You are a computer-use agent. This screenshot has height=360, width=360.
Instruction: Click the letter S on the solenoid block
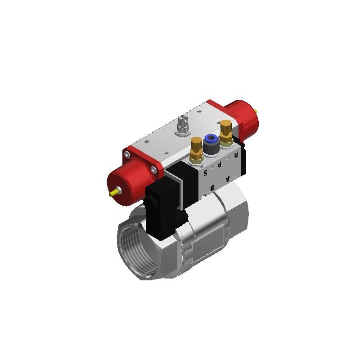tap(206, 172)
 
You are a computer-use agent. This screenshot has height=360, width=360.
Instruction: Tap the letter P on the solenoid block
tap(220, 164)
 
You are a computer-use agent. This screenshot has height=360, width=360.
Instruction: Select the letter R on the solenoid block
tap(236, 155)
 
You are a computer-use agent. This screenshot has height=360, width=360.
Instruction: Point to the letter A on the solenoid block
tap(228, 178)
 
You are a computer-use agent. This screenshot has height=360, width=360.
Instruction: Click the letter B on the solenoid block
tap(212, 188)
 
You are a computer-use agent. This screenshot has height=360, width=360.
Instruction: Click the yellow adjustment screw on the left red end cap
tap(115, 192)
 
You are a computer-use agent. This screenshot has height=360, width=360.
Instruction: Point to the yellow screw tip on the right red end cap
tap(255, 112)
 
